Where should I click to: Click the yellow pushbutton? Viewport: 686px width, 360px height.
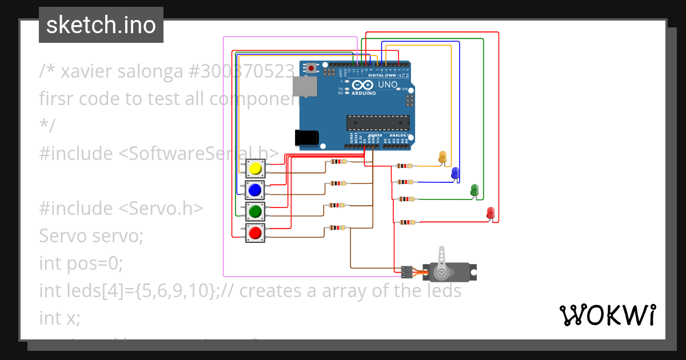coord(255,169)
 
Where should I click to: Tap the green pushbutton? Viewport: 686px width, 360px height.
coord(255,211)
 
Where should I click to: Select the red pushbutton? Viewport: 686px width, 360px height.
coord(255,233)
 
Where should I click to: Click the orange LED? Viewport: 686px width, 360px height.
coord(442,157)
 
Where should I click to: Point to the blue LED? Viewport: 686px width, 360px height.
coord(455,173)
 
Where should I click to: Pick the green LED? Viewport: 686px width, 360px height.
coord(474,190)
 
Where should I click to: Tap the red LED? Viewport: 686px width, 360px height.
coord(490,213)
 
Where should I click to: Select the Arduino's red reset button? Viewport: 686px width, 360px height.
coord(311,69)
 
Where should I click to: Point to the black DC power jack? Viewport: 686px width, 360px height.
coord(306,138)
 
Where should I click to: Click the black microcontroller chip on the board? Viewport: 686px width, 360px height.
coord(378,122)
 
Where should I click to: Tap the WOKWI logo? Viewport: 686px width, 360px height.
coord(607,315)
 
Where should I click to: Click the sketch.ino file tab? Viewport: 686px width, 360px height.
coord(101,25)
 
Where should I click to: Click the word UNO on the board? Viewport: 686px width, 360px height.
coord(388,85)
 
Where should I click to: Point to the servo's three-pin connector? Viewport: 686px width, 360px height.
coord(407,271)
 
